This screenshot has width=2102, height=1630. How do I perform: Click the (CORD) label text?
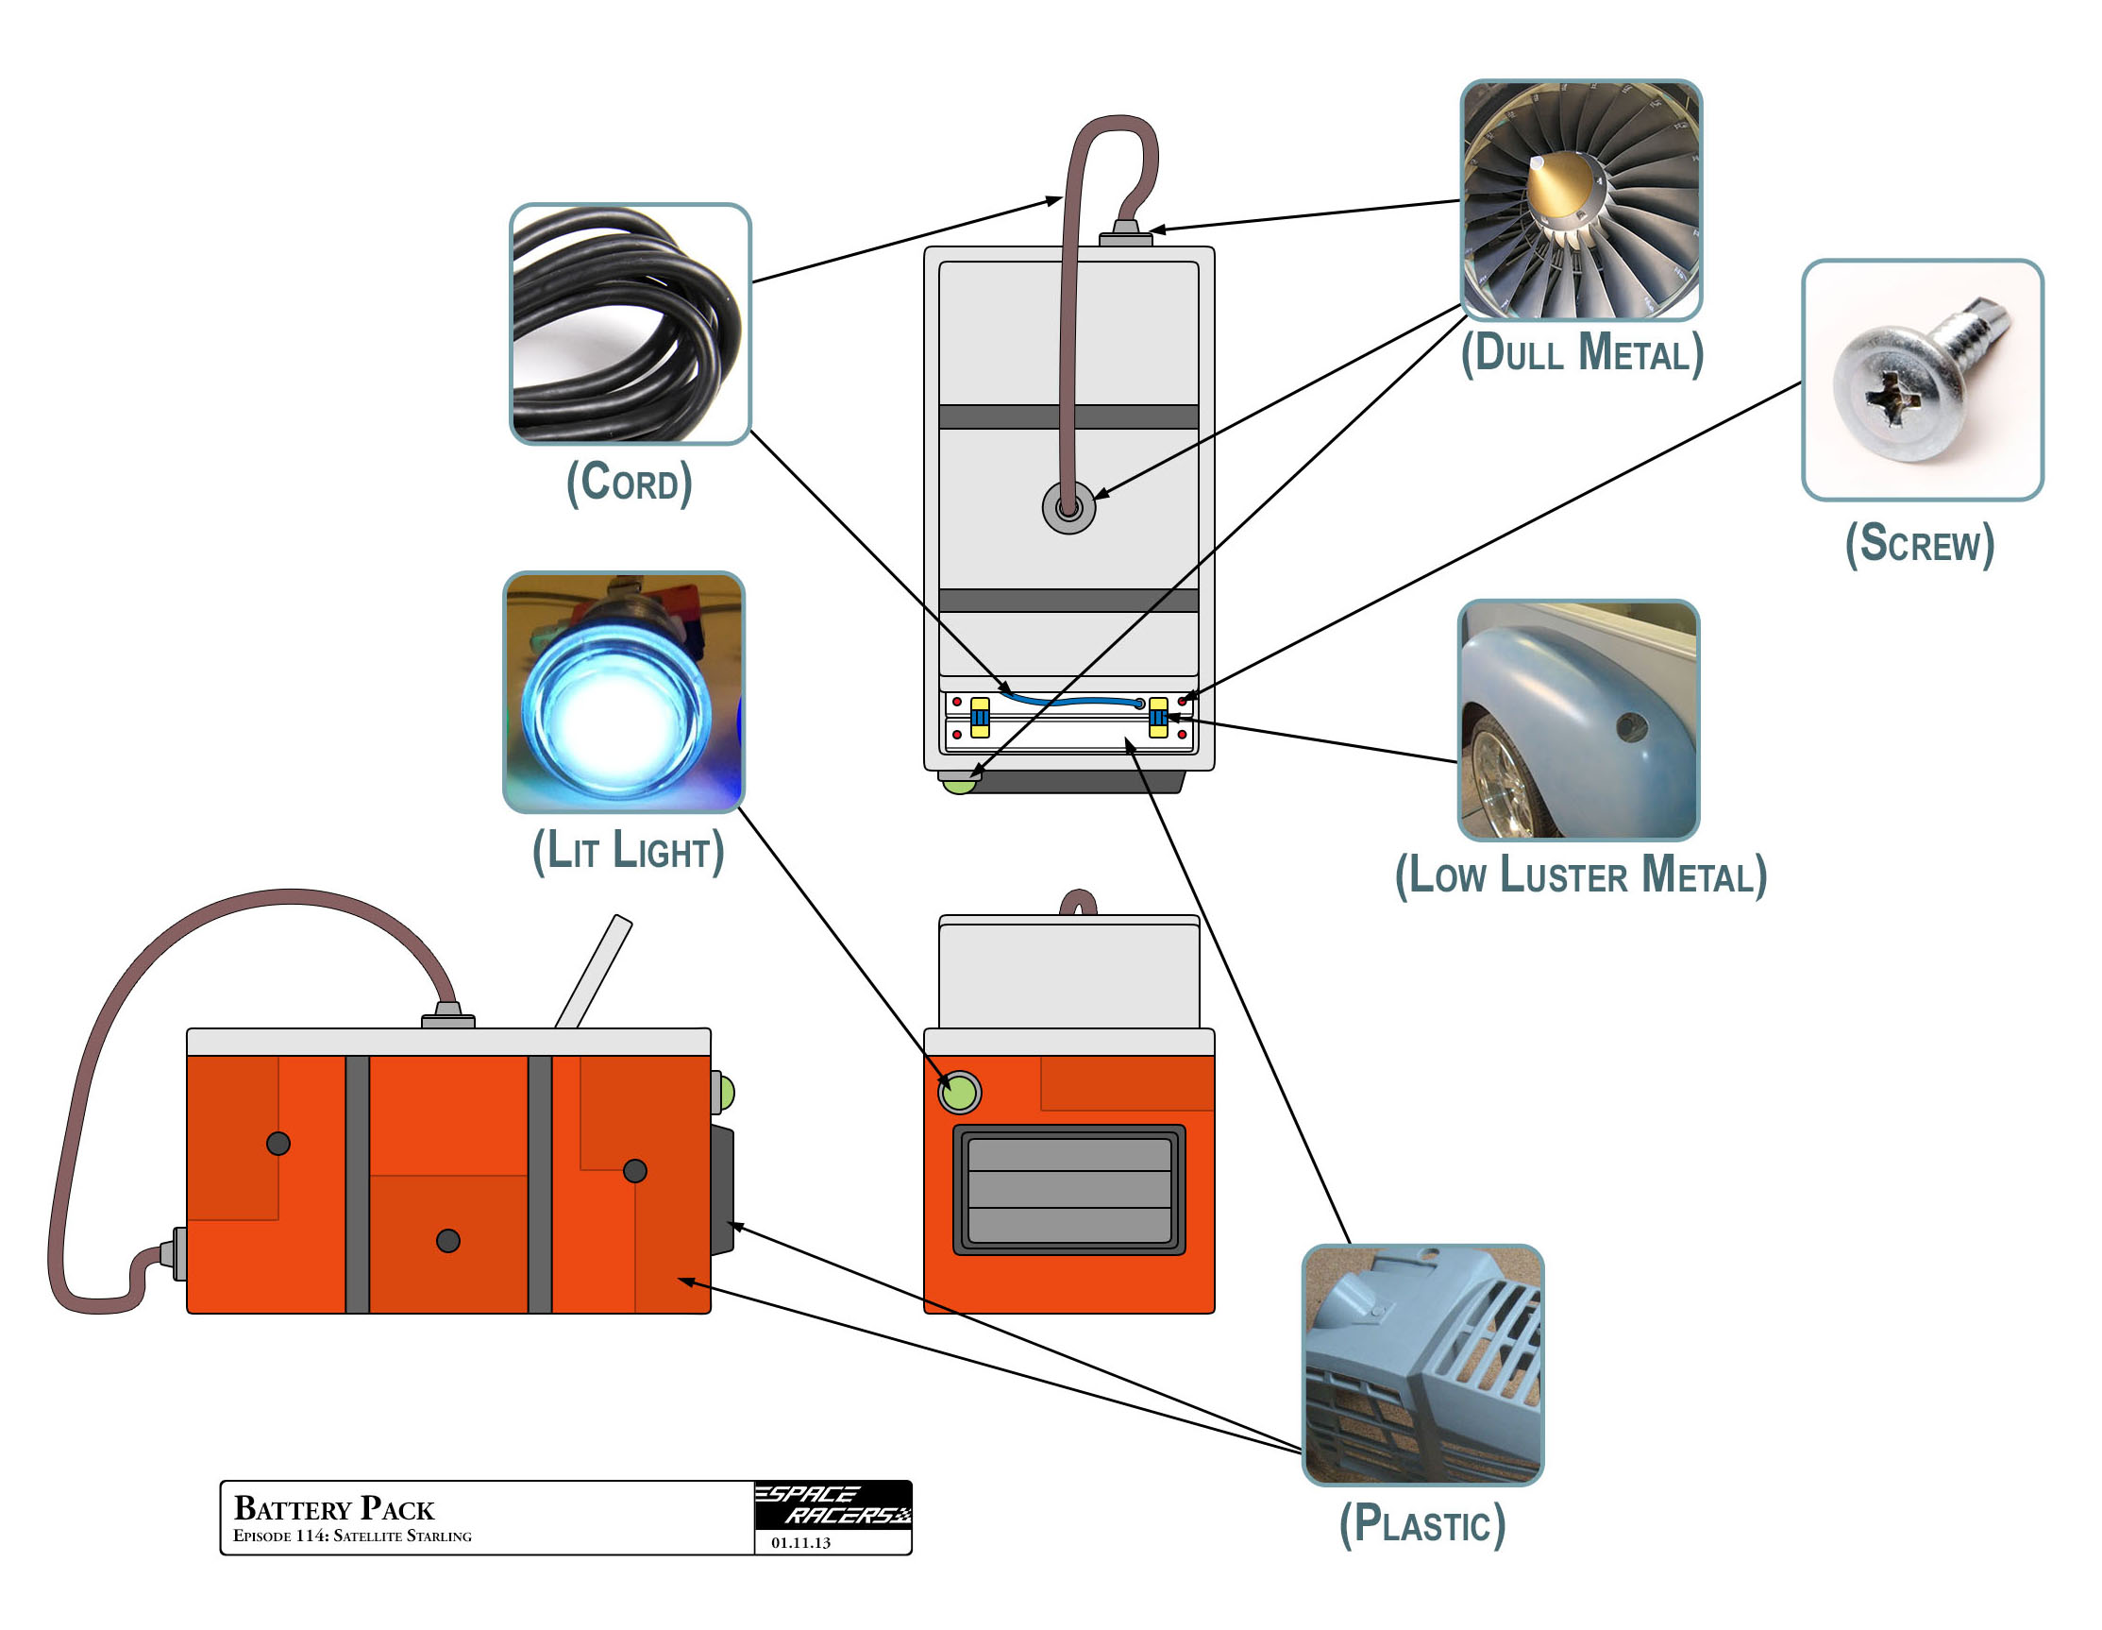click(x=629, y=483)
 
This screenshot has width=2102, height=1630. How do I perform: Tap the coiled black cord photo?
click(x=630, y=324)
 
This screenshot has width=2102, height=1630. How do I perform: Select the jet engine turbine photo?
click(x=1580, y=199)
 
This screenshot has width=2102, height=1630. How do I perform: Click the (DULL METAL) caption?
click(x=1581, y=352)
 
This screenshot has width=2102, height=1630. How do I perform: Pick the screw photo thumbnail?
click(x=1921, y=380)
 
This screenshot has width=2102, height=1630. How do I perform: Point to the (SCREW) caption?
click(x=1918, y=544)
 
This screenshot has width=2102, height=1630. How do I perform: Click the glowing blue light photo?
click(x=624, y=691)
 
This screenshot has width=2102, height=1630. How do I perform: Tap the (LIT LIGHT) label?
click(x=628, y=851)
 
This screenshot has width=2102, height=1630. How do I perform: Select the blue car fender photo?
click(x=1577, y=720)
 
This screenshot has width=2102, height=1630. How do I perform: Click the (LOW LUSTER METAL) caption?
click(x=1580, y=875)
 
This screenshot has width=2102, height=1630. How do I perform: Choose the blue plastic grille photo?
click(x=1421, y=1365)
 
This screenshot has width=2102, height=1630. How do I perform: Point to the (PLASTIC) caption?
click(x=1421, y=1524)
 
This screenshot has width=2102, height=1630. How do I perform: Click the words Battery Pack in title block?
click(x=333, y=1508)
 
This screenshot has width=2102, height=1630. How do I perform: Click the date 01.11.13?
click(x=799, y=1542)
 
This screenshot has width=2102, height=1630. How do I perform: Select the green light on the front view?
click(x=959, y=1093)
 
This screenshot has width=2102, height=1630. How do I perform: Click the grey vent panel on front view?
click(x=1068, y=1189)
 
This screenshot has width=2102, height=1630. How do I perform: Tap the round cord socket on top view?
click(x=1068, y=506)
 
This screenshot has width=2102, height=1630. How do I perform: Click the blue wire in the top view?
click(x=1068, y=701)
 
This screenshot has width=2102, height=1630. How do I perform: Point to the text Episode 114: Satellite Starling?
click(x=352, y=1536)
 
